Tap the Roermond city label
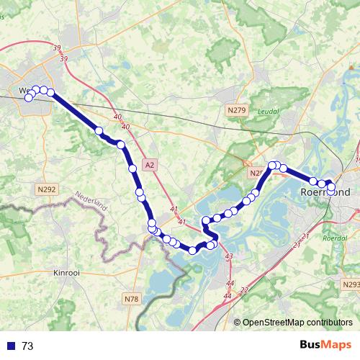coord(323,193)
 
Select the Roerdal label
coord(335,237)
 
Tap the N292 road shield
coord(45,189)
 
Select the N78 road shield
coord(131,299)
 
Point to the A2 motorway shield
coord(149,165)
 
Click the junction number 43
coord(229,256)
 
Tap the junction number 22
coord(244,290)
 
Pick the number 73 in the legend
coord(27,346)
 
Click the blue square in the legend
coord(9,346)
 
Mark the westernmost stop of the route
coord(29,97)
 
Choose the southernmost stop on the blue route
coord(193,251)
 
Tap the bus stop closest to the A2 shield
coord(132,168)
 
